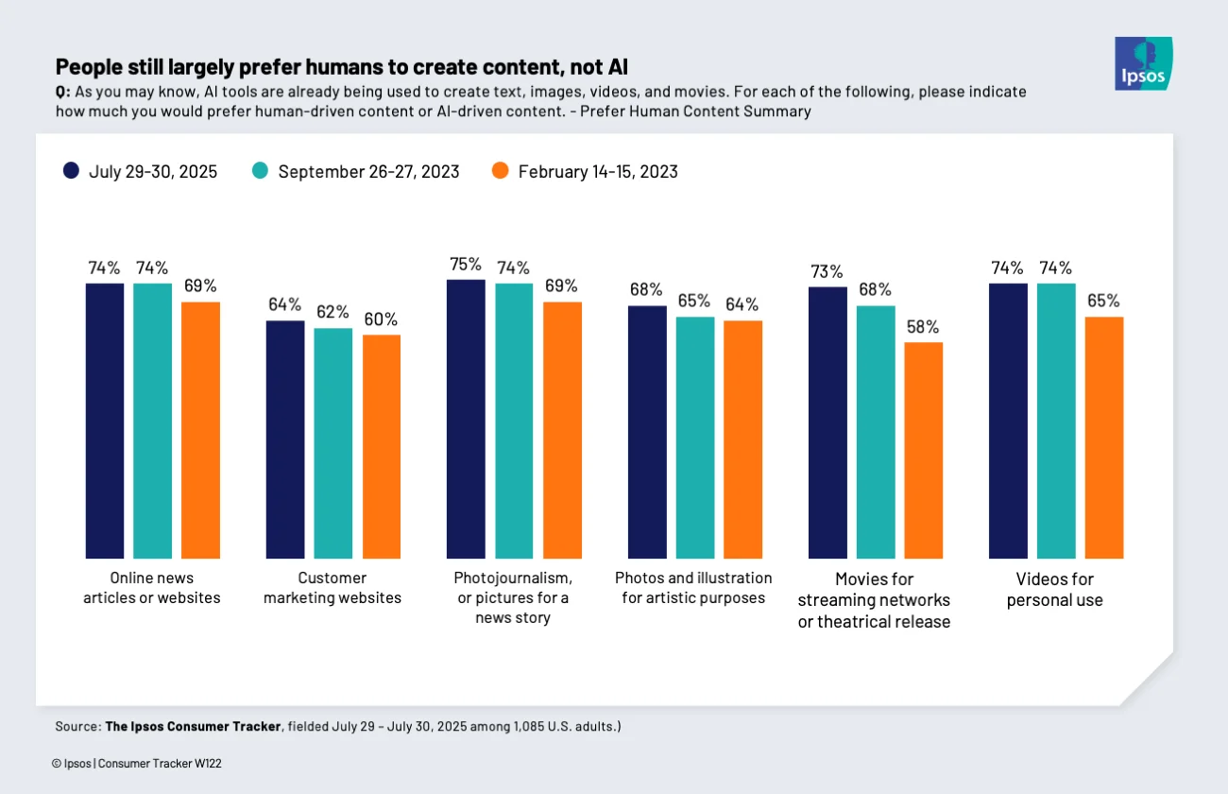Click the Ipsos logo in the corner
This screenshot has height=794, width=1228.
(1143, 63)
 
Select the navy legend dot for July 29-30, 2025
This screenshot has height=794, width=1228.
(71, 171)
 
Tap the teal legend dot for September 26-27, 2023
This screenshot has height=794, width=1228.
(260, 171)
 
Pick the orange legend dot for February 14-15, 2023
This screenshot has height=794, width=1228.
(501, 171)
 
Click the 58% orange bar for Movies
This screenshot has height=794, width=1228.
(923, 450)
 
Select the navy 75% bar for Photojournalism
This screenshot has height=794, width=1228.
(466, 419)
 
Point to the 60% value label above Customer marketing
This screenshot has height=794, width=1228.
(381, 319)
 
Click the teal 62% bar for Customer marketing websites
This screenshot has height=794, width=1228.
(333, 443)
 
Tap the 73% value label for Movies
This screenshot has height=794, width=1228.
(827, 271)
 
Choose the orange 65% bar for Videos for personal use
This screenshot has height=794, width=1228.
(1103, 438)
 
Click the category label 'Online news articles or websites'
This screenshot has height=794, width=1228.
(151, 587)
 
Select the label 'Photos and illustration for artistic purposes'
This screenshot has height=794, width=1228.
(693, 587)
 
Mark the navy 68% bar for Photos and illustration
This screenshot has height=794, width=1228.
(647, 432)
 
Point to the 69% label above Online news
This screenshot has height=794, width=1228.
(200, 285)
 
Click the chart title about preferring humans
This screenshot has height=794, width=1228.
(341, 66)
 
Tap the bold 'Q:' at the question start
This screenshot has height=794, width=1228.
(62, 92)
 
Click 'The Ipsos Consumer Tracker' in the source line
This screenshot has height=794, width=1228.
(193, 726)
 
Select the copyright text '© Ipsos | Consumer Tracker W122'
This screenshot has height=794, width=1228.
(136, 763)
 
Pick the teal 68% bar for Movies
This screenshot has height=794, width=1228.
(875, 432)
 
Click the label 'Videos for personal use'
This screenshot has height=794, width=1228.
(1055, 589)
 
